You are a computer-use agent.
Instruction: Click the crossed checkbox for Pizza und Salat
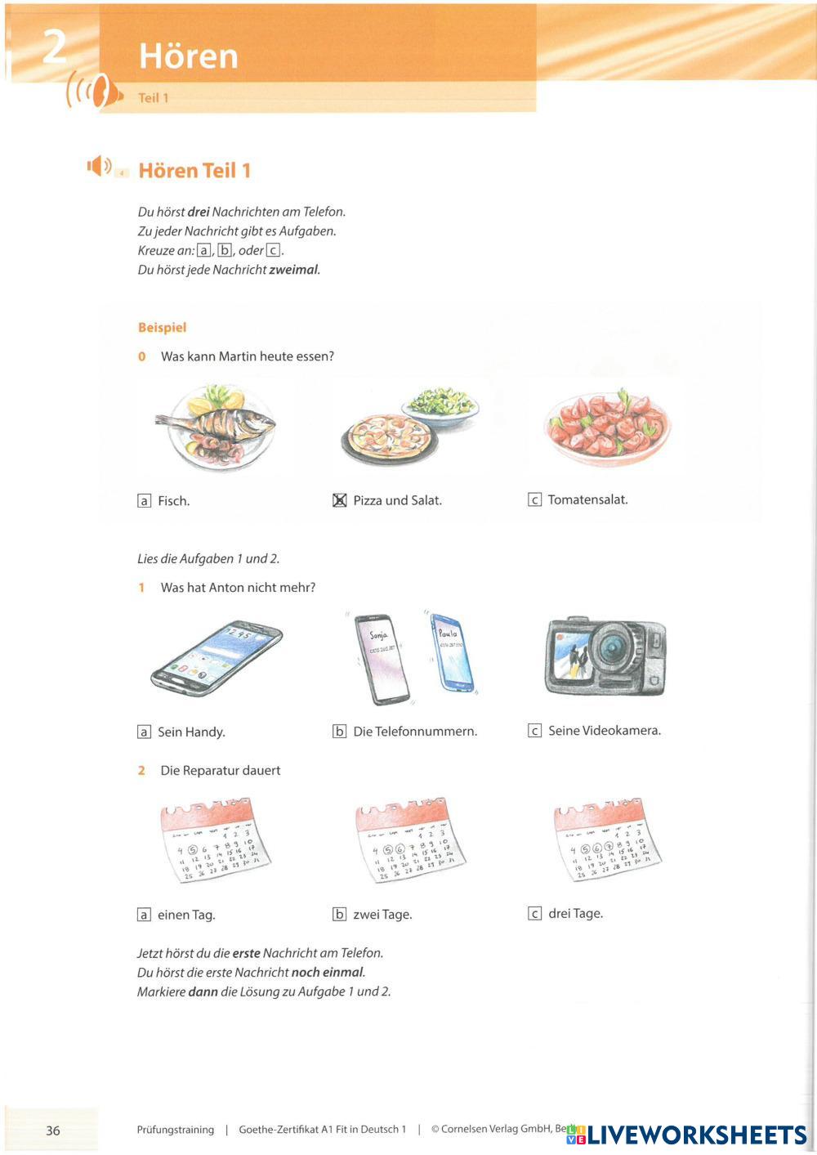pyautogui.click(x=340, y=500)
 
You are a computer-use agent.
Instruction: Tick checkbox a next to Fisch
pyautogui.click(x=145, y=501)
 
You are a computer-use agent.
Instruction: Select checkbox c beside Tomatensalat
pyautogui.click(x=535, y=499)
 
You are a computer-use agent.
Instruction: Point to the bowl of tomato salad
pyautogui.click(x=607, y=428)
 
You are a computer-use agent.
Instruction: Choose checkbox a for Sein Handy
pyautogui.click(x=145, y=732)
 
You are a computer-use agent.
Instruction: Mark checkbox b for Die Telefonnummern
pyautogui.click(x=340, y=731)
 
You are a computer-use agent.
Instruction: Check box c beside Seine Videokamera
pyautogui.click(x=535, y=730)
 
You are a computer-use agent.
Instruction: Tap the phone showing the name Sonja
pyautogui.click(x=381, y=658)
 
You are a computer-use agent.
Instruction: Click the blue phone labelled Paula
pyautogui.click(x=451, y=652)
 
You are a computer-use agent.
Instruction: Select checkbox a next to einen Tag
pyautogui.click(x=145, y=915)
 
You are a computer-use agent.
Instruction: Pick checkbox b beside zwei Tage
pyautogui.click(x=340, y=914)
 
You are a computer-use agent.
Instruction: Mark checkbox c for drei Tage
pyautogui.click(x=535, y=913)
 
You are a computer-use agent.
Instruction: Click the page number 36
pyautogui.click(x=53, y=1130)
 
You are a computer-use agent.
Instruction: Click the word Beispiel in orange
pyautogui.click(x=162, y=327)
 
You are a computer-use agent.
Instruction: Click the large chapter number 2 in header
pyautogui.click(x=54, y=47)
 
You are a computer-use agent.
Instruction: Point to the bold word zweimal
pyautogui.click(x=293, y=270)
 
